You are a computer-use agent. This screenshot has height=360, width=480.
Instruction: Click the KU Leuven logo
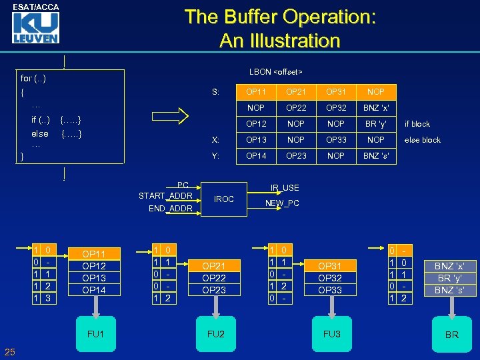(35, 28)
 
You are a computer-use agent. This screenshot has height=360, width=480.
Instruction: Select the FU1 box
(96, 333)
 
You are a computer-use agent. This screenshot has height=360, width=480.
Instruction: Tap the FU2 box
(215, 333)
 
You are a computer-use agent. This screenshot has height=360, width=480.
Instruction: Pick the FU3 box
(331, 333)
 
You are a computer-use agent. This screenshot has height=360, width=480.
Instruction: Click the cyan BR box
(451, 334)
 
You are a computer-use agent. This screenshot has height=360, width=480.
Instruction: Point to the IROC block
(224, 199)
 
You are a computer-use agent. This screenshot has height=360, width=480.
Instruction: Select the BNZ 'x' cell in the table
(376, 107)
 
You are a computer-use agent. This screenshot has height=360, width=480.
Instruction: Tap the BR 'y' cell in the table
(376, 123)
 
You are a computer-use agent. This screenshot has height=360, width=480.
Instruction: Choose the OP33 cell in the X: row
(336, 140)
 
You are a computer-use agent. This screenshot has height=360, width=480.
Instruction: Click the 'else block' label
(423, 140)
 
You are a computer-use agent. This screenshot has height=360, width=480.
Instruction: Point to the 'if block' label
(417, 124)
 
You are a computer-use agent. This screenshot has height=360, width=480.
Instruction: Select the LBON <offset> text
(276, 71)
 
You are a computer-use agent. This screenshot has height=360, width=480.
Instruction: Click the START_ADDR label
(165, 195)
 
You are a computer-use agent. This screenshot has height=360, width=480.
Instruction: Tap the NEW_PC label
(283, 203)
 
